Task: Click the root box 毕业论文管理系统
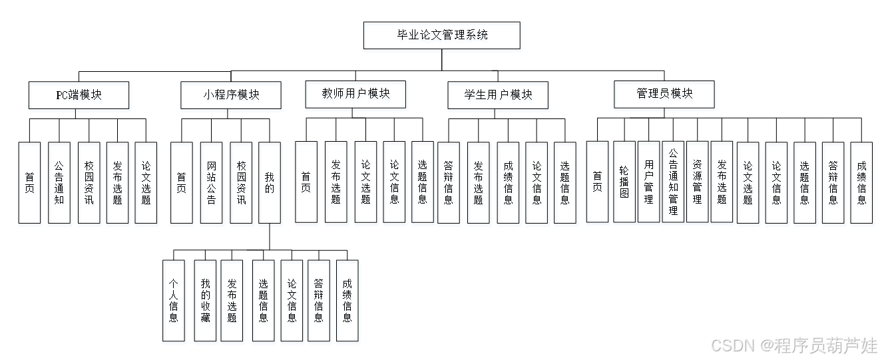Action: (x=443, y=37)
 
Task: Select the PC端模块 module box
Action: (x=80, y=97)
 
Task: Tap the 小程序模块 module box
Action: (x=231, y=97)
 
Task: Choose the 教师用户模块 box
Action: (x=357, y=96)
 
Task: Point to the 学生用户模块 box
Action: (x=499, y=97)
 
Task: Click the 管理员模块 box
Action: (x=665, y=96)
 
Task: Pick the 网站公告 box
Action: (x=212, y=184)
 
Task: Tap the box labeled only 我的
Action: (x=270, y=184)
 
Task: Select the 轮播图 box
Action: (x=624, y=184)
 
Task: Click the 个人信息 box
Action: (x=174, y=303)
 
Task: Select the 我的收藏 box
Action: (x=206, y=303)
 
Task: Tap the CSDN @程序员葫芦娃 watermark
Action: (x=793, y=345)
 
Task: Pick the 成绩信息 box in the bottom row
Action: (x=348, y=303)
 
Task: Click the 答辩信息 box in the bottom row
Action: (x=319, y=303)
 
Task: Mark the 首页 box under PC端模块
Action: (x=31, y=184)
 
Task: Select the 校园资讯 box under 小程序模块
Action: (x=242, y=184)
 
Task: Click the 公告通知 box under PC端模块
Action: (x=60, y=184)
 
